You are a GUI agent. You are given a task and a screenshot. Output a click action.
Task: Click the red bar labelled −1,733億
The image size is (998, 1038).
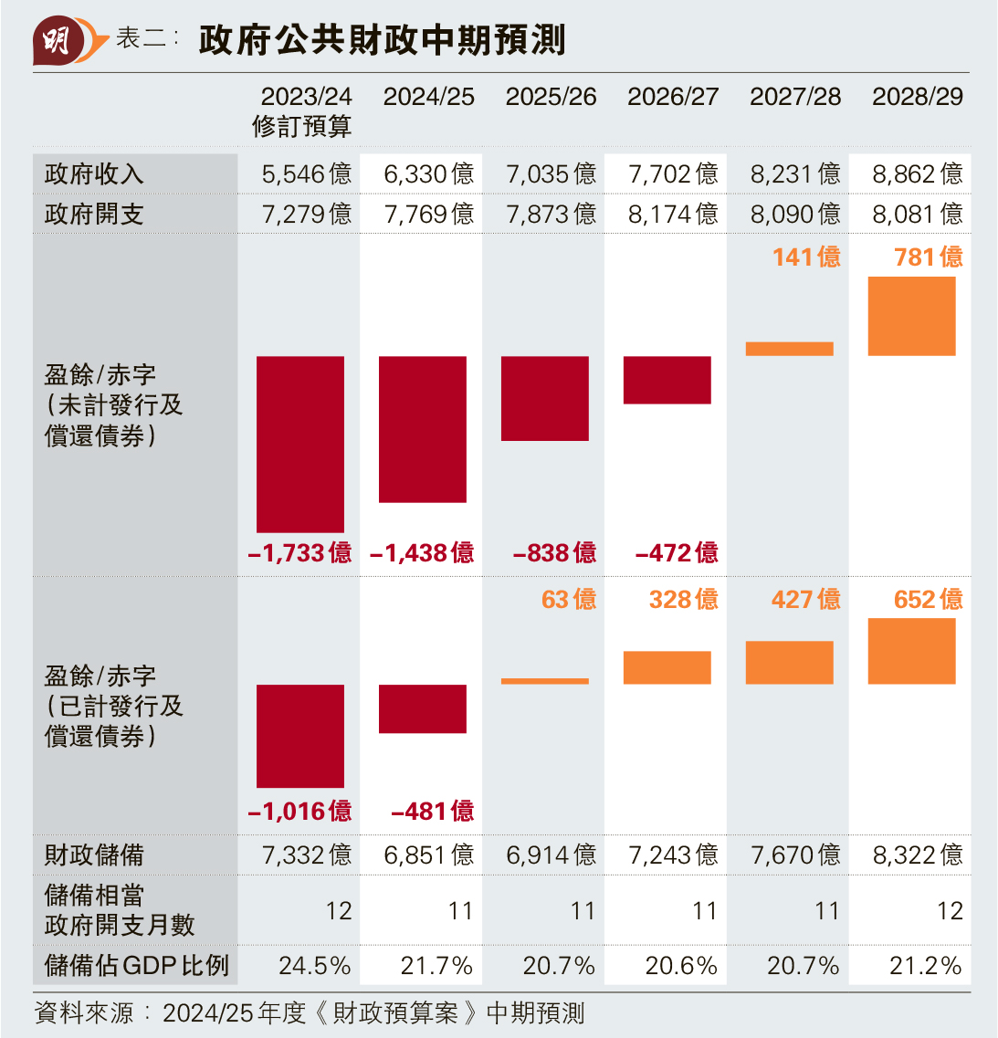300,444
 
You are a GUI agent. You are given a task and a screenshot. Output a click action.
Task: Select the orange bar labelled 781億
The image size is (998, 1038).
911,316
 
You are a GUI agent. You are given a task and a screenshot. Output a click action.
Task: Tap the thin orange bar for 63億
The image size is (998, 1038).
545,681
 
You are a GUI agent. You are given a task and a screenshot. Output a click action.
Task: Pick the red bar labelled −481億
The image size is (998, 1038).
423,708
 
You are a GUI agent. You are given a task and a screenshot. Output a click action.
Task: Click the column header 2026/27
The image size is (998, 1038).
673,97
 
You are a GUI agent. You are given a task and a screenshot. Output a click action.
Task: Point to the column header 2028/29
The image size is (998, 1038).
917,97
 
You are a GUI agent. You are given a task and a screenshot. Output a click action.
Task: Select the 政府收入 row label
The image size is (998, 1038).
94,173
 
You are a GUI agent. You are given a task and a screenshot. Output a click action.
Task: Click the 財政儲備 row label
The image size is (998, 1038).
94,855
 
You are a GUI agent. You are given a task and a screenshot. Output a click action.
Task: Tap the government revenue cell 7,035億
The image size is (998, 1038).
551,173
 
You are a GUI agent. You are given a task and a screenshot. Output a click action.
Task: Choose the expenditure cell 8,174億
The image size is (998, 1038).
673,214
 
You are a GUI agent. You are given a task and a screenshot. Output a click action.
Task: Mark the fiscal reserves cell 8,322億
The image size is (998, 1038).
917,855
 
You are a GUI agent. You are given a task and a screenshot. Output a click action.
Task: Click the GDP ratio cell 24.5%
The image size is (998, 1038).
314,965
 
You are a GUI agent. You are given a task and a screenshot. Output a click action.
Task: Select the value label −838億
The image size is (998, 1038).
554,552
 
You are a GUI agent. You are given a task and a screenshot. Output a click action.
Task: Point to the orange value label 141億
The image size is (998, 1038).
806,257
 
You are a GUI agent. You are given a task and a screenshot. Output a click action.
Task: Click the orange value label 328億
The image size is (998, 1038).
683,599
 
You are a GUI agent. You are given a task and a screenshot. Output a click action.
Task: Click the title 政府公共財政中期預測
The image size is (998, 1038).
382,41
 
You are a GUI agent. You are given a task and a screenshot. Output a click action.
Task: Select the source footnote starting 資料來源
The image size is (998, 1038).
309,1012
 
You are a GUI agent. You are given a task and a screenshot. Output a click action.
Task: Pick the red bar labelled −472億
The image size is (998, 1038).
667,380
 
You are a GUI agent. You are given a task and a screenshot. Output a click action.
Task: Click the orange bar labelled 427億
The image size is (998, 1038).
790,663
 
